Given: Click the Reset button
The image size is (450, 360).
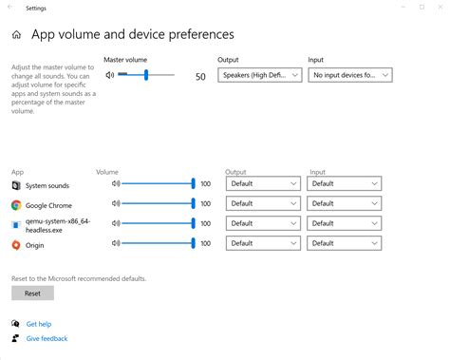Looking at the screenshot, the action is [32, 294].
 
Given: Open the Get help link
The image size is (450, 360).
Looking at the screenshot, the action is [38, 324].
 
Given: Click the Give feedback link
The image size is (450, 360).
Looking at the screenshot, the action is [47, 338].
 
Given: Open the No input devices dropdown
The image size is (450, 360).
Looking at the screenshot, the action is [350, 74].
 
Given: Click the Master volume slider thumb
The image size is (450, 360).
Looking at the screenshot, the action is [146, 74].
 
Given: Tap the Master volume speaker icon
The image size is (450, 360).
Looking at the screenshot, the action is [110, 74].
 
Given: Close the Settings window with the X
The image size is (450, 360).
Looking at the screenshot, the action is [433, 7].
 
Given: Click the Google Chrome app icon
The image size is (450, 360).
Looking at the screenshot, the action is [16, 204].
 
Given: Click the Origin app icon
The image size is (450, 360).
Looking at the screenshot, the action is [16, 245].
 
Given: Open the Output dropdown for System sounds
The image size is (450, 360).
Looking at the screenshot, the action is [262, 184].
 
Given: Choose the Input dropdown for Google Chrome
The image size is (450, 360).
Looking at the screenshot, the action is [345, 203].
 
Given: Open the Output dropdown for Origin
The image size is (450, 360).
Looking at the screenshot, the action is [262, 243].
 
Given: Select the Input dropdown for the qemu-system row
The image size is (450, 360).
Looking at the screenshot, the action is [345, 223].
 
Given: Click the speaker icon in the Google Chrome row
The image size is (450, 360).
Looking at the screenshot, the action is [116, 203].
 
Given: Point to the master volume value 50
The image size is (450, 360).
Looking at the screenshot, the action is [200, 75].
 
